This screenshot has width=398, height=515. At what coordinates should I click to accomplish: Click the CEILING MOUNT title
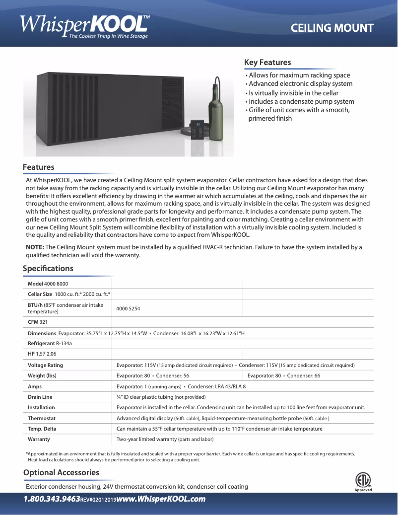point(332,28)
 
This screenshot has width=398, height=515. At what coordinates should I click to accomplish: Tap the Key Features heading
point(267,63)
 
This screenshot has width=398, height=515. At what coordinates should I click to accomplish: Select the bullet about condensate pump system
point(300,101)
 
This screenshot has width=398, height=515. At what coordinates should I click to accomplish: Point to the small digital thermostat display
point(198,129)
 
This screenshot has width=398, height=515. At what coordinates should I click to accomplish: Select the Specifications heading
point(48,269)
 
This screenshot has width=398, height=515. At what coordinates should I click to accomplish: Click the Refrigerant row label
point(41,343)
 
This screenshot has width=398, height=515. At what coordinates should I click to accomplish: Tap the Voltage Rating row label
point(45,366)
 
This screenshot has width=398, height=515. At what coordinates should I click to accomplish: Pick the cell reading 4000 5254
point(128,308)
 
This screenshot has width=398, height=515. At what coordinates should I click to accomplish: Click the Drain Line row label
point(40,397)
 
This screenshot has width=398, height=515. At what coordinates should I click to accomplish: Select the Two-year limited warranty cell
point(165,439)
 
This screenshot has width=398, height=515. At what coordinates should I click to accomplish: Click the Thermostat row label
point(42,418)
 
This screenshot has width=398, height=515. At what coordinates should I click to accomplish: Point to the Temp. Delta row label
point(42,429)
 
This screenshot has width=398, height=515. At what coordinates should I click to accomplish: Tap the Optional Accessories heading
point(61,472)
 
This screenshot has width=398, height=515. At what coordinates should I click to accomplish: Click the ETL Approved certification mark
point(363,481)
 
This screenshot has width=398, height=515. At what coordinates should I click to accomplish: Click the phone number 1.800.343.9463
point(52,499)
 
